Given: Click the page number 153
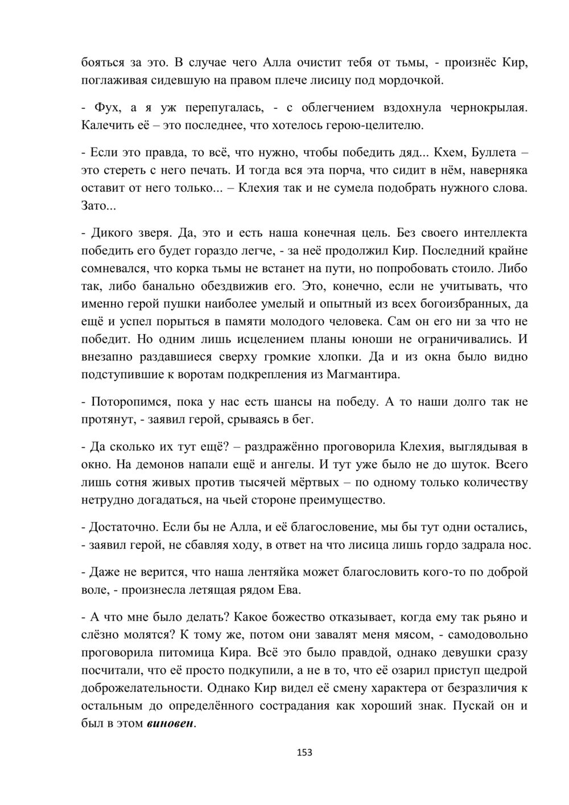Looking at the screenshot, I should (x=305, y=752).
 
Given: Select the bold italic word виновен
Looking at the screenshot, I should (x=170, y=725).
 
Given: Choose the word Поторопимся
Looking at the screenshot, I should (x=127, y=402).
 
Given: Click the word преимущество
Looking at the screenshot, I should (x=339, y=500).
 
